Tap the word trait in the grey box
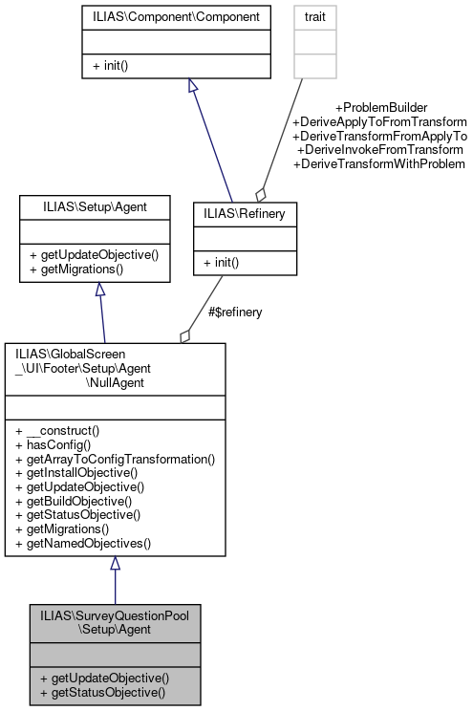[x=314, y=17]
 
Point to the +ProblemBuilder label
[x=380, y=107]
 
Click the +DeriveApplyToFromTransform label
[x=379, y=121]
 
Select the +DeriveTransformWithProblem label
[x=379, y=164]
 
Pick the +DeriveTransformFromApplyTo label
[x=379, y=136]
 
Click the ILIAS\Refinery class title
[x=246, y=215]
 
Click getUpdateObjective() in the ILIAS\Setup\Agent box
[x=93, y=255]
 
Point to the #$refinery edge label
[x=235, y=312]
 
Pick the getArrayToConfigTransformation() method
[x=116, y=459]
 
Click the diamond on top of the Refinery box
[x=259, y=193]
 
